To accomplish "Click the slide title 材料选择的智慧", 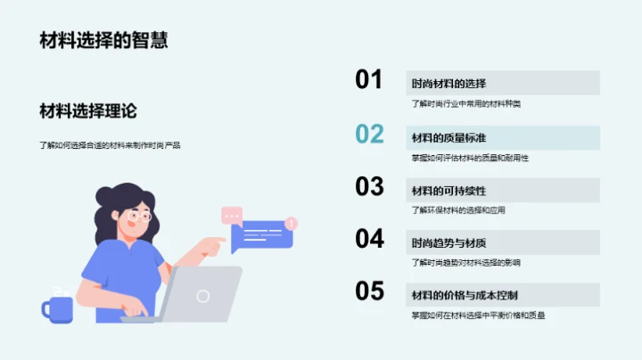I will pos(103,40).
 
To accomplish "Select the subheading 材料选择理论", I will pos(87,110).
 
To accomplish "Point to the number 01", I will pos(369,80).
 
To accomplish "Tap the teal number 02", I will pos(369,134).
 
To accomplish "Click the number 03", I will pos(369,186).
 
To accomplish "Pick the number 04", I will pos(369,239).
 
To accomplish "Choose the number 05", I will pos(369,291).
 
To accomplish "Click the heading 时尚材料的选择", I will pos(449,84).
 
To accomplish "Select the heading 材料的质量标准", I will pos(449,137).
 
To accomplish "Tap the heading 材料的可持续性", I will pos(449,191).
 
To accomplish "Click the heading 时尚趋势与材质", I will pos(449,243).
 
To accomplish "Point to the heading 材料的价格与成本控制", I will pos(465,295).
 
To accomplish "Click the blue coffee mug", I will pos(57,308).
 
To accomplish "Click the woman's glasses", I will pos(138,216).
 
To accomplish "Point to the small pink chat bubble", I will pos(232,214).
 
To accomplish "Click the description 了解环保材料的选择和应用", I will pos(459,210).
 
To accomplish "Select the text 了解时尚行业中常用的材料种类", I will pos(465,104).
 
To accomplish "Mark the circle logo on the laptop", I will pos(203,296).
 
